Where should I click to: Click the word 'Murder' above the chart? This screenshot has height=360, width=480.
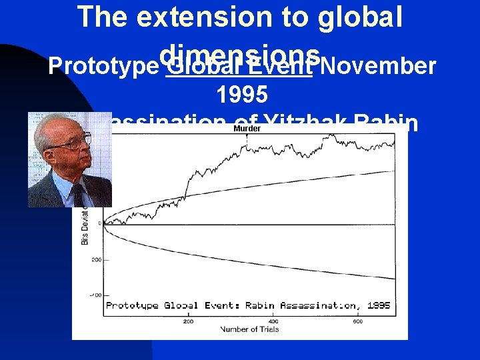point(247,128)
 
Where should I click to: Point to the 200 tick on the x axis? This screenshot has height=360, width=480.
point(189,321)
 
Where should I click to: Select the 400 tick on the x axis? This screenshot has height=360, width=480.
point(273,321)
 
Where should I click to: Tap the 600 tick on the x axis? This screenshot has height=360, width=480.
point(358,321)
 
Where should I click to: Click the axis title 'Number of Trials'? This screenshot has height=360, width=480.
point(249,329)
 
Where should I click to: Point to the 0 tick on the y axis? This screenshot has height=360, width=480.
point(100,223)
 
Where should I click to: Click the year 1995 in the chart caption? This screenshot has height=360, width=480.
point(379,305)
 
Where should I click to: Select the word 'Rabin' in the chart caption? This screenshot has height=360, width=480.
point(260,305)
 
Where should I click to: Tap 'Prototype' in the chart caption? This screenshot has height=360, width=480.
point(133,305)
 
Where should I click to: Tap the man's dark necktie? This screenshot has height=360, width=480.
point(79,194)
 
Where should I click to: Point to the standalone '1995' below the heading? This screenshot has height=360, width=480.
point(242,95)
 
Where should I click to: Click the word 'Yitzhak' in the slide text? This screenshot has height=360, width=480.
point(303,123)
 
